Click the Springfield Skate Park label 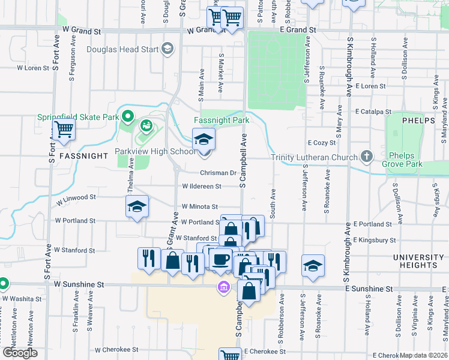pyautogui.click(x=78, y=117)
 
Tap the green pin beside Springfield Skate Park pyautogui.click(x=127, y=116)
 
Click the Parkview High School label pyautogui.click(x=155, y=152)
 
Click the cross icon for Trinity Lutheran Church pyautogui.click(x=367, y=157)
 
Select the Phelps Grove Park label pyautogui.click(x=405, y=160)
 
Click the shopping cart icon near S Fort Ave pyautogui.click(x=64, y=128)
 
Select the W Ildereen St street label pyautogui.click(x=202, y=186)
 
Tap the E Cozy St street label pyautogui.click(x=321, y=143)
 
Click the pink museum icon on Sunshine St pyautogui.click(x=224, y=288)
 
